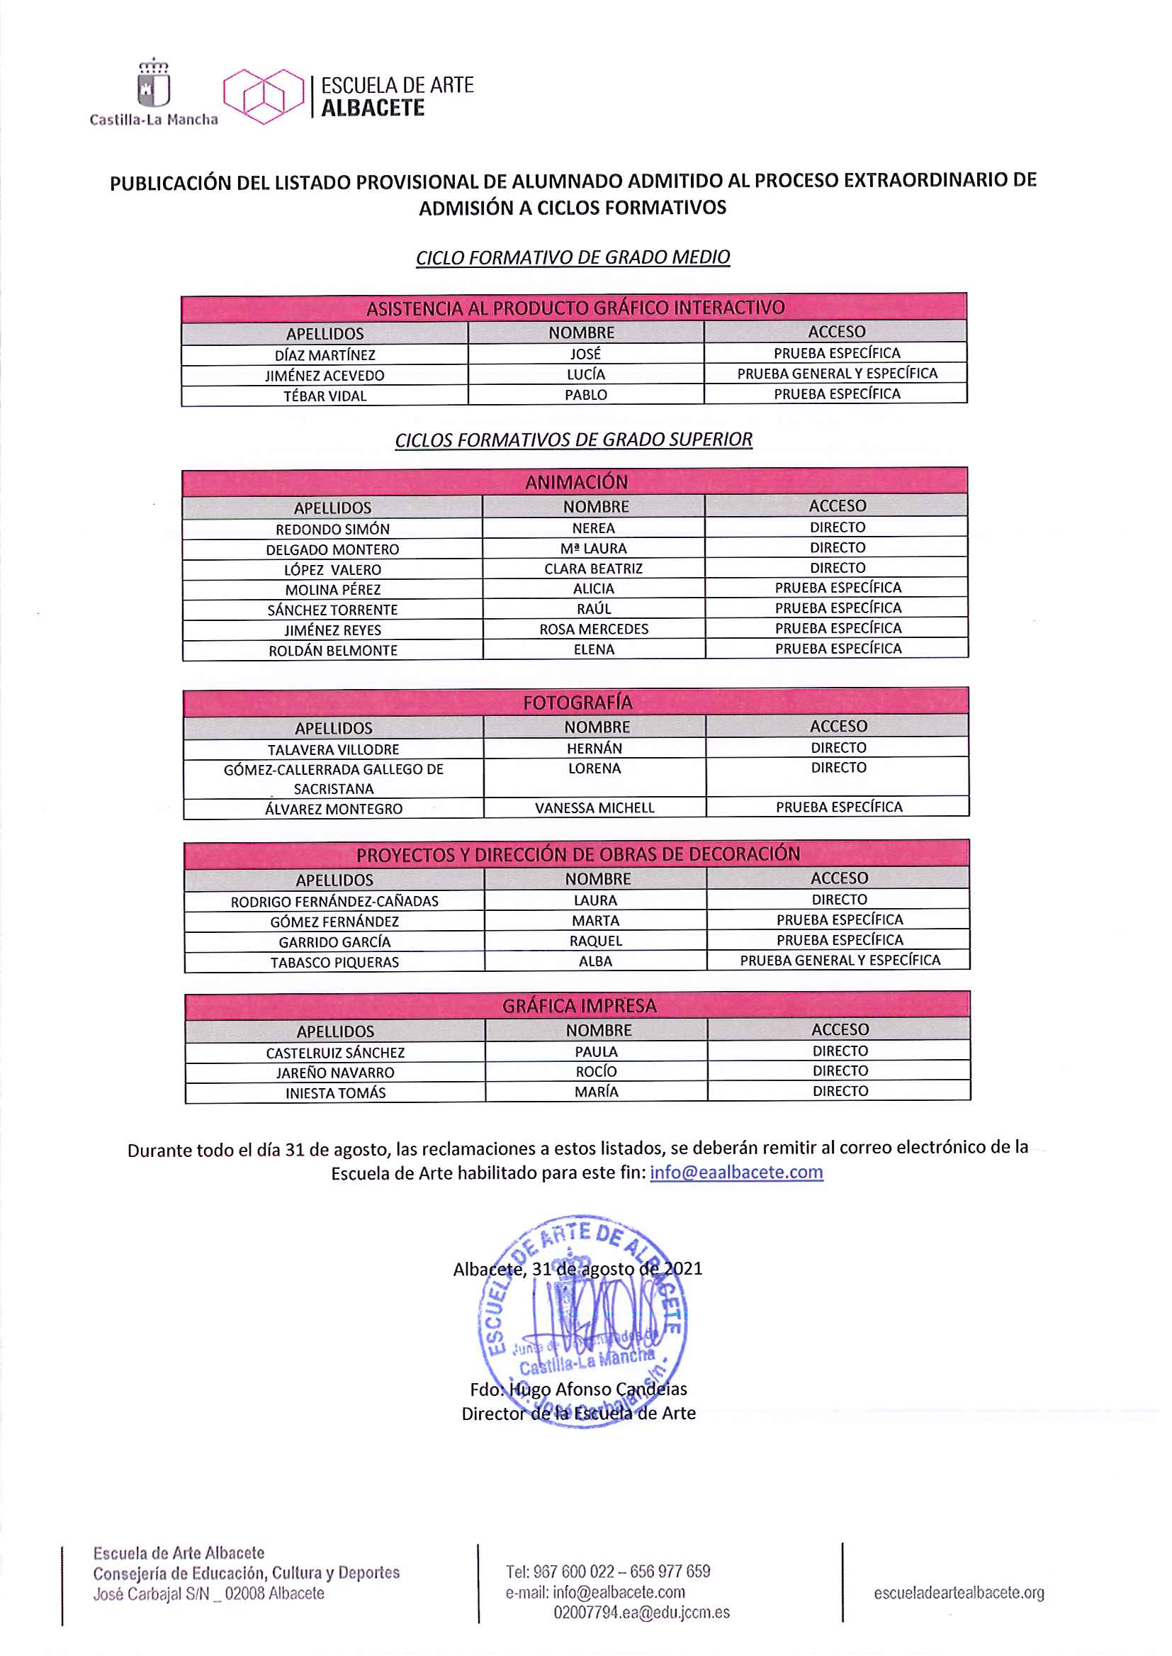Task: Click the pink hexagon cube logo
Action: click(x=264, y=96)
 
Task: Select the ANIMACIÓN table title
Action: click(x=576, y=481)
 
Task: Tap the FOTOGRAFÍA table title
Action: click(x=577, y=703)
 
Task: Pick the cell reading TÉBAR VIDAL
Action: click(x=325, y=396)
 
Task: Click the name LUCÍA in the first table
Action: click(x=585, y=374)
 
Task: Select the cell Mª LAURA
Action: click(x=593, y=549)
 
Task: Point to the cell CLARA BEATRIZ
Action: click(x=593, y=569)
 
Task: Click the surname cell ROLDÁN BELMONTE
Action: click(x=333, y=650)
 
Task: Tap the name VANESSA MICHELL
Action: click(x=595, y=807)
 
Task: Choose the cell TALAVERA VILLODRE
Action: click(x=333, y=749)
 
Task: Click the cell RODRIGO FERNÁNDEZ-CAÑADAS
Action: click(x=334, y=901)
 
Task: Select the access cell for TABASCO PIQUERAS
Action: click(x=839, y=960)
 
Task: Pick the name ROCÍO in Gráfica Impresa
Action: click(x=596, y=1071)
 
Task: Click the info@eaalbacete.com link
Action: click(x=736, y=1172)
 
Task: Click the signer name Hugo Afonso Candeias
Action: click(x=597, y=1389)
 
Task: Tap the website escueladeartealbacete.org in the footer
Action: click(x=959, y=1592)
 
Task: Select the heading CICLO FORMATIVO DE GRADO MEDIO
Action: click(x=573, y=258)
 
